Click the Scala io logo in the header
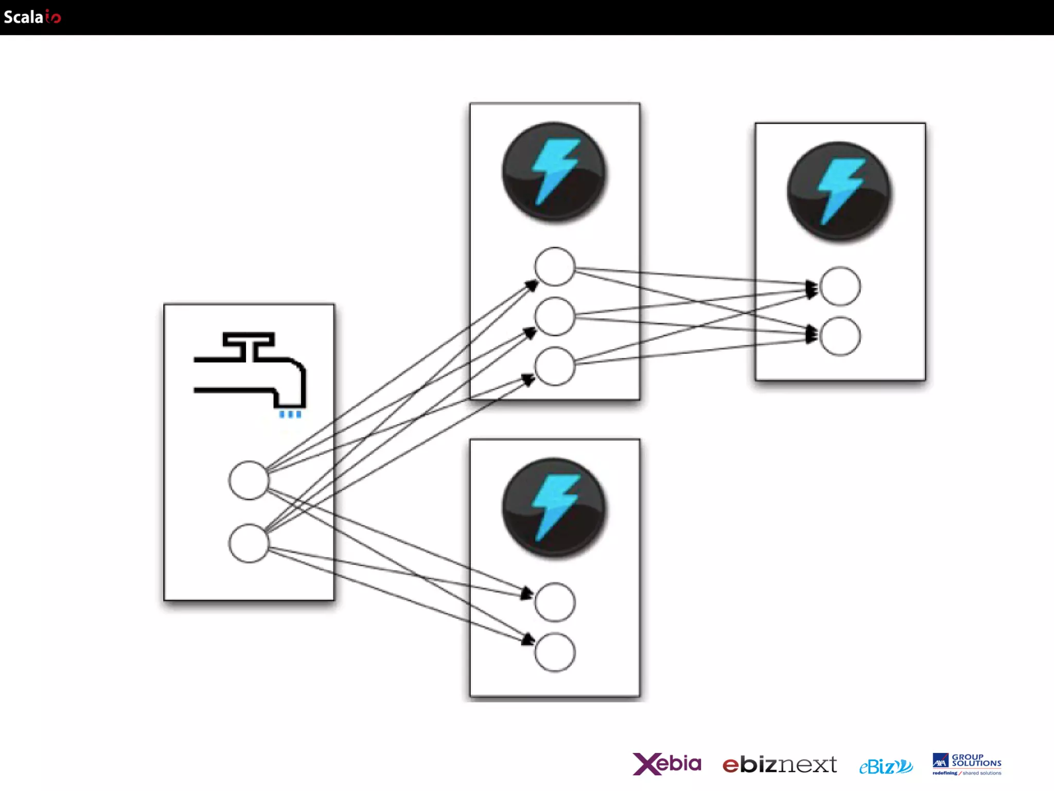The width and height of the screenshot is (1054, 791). pyautogui.click(x=32, y=17)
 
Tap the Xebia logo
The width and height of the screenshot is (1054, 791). pyautogui.click(x=666, y=763)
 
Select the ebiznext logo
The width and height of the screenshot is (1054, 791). pyautogui.click(x=779, y=764)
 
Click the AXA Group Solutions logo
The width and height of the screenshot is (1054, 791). pyautogui.click(x=967, y=764)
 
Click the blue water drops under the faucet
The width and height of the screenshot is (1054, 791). pyautogui.click(x=290, y=414)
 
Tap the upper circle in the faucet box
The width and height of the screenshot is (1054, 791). pyautogui.click(x=249, y=480)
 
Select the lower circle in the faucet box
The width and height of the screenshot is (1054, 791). pyautogui.click(x=249, y=543)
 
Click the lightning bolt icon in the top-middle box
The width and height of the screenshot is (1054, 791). pyautogui.click(x=554, y=171)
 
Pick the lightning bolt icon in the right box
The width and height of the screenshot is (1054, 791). pyautogui.click(x=839, y=191)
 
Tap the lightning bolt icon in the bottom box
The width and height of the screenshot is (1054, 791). pyautogui.click(x=554, y=507)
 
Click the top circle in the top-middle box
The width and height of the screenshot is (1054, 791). pyautogui.click(x=554, y=267)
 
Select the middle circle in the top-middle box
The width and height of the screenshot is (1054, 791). pyautogui.click(x=554, y=316)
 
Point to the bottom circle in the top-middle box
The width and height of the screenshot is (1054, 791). pyautogui.click(x=554, y=366)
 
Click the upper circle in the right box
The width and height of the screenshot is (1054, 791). pyautogui.click(x=840, y=286)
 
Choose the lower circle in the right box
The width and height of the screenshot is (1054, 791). pyautogui.click(x=840, y=336)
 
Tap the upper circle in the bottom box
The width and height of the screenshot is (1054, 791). pyautogui.click(x=555, y=602)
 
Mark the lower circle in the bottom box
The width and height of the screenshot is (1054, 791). pyautogui.click(x=555, y=652)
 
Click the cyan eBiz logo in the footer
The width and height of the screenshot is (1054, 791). pyautogui.click(x=885, y=766)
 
